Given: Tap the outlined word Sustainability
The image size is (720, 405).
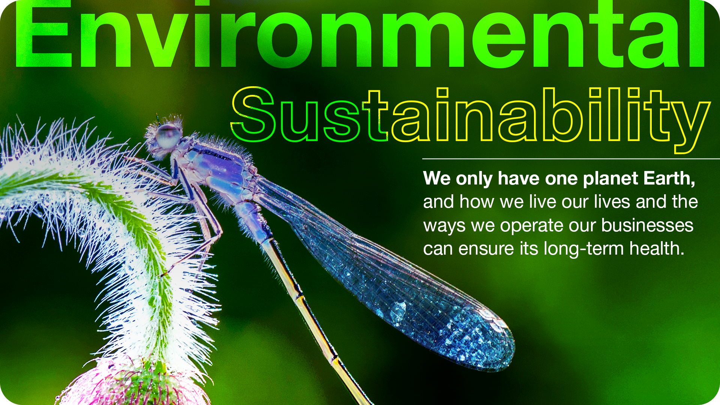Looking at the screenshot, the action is (x=471, y=119).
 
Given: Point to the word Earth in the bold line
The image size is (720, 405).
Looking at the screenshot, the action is (x=669, y=178).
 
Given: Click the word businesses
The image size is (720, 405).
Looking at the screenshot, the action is (x=647, y=225).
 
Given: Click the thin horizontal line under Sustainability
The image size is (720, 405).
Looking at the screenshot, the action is (x=571, y=159).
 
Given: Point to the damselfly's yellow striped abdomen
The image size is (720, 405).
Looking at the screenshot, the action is (x=315, y=319).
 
